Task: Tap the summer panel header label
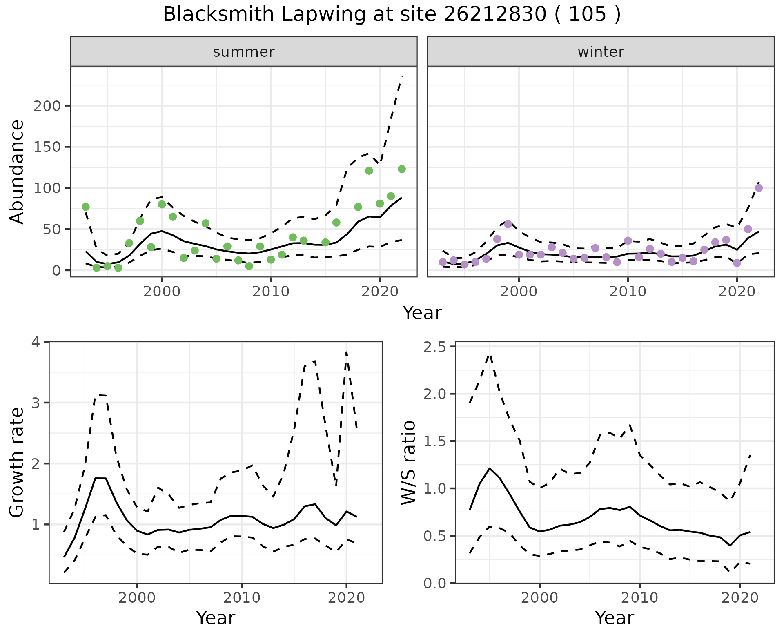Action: (x=244, y=52)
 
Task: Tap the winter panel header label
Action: (x=601, y=52)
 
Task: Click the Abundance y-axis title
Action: (x=17, y=172)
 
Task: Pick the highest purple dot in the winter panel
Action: (x=759, y=188)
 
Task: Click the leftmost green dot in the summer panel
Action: (x=86, y=207)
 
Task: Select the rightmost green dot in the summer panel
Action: (x=402, y=169)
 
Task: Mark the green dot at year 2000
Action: (x=162, y=205)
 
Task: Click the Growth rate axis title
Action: (x=17, y=463)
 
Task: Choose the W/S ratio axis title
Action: (x=409, y=463)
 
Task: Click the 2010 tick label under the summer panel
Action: (x=271, y=292)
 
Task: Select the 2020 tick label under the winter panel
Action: (x=737, y=292)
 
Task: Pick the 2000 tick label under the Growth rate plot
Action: (x=137, y=598)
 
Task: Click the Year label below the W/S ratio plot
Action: (x=614, y=618)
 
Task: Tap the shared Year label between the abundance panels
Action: (x=422, y=313)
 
